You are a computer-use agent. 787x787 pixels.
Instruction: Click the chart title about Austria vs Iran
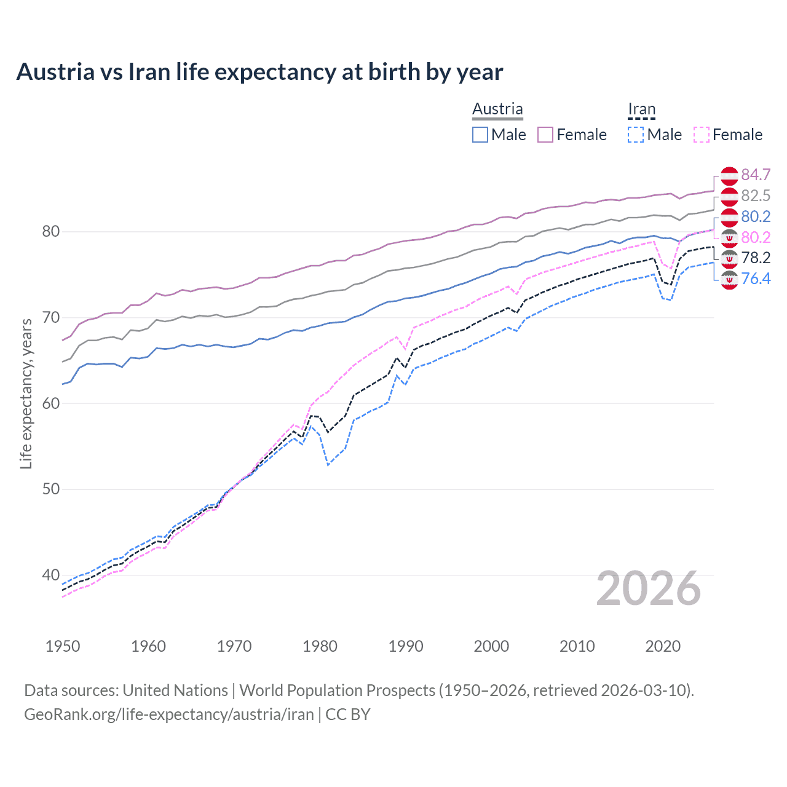point(259,72)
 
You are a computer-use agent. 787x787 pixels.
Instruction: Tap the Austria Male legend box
point(480,135)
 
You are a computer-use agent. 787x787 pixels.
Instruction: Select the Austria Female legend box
point(545,135)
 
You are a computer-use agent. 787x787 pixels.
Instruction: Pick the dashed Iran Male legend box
point(636,135)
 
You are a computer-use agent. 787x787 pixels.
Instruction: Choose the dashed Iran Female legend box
point(701,135)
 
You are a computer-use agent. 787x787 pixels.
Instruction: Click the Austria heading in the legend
point(497,109)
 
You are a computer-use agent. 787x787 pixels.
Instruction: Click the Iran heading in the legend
point(641,109)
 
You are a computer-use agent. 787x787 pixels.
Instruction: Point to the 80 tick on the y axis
point(50,232)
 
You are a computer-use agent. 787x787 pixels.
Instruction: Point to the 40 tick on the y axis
point(50,575)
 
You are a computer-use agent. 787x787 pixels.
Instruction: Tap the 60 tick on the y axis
point(50,404)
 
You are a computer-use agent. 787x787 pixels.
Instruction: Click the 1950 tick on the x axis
point(63,646)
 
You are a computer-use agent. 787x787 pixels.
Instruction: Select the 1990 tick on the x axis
point(406,646)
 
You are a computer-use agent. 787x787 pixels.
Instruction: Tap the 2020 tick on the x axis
point(663,646)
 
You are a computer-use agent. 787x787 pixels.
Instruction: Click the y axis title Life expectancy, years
point(26,393)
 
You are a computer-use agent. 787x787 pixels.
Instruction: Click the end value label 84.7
point(756,175)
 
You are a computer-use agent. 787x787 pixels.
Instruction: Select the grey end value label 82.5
point(756,196)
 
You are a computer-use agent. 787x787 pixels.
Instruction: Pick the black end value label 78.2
point(756,258)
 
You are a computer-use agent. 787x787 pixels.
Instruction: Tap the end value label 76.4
point(756,279)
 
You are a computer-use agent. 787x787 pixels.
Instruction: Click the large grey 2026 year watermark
point(649,588)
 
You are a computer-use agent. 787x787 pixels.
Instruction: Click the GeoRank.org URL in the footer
point(169,714)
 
